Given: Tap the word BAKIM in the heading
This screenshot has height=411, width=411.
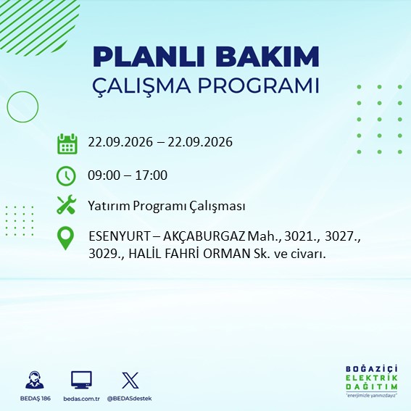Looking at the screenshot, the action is [x=267, y=57].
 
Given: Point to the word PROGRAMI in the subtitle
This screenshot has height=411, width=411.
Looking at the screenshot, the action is [x=259, y=86].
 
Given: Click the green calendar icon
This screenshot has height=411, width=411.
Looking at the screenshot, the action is [x=67, y=144].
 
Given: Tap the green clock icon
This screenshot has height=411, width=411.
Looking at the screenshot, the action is [x=66, y=176].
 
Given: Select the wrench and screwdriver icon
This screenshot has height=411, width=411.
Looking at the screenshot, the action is [x=66, y=204].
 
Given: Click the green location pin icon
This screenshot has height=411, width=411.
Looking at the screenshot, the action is [x=65, y=238].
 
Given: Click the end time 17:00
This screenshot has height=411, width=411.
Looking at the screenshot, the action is [x=151, y=175].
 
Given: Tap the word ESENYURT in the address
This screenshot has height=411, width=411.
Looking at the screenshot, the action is [x=119, y=236].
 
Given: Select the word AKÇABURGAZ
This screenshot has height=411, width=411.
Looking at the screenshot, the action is [x=204, y=236].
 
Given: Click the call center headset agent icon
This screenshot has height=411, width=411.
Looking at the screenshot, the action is [x=35, y=380].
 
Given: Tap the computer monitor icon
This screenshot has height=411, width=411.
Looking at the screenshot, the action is [x=81, y=380].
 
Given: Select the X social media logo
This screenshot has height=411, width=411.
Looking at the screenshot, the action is [x=130, y=380].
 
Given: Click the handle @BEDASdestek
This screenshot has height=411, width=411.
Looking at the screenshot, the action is [x=130, y=399].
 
